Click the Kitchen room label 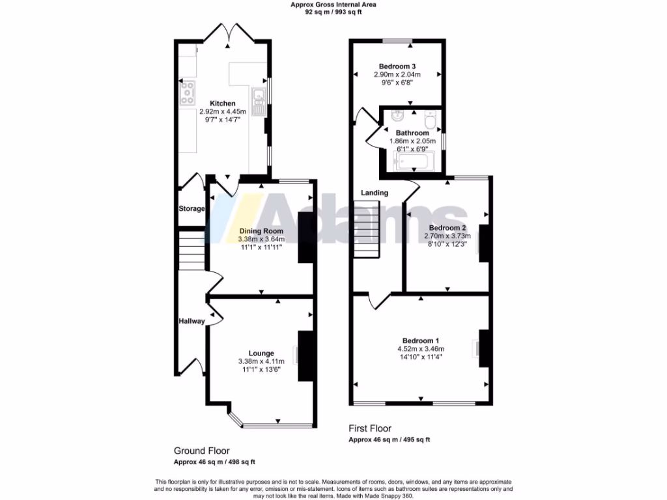click(x=222, y=104)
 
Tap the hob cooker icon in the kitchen click(x=187, y=94)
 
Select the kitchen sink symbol click(x=259, y=98)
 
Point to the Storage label click(x=192, y=209)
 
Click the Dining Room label click(x=261, y=231)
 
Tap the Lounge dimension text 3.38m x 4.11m click(x=261, y=362)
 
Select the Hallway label click(x=192, y=321)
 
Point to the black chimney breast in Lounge click(x=305, y=355)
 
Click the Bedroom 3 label click(x=397, y=66)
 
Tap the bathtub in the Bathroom click(x=414, y=160)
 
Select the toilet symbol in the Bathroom click(x=431, y=121)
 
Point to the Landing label click(x=375, y=193)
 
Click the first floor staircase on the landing click(x=367, y=229)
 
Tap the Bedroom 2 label click(x=446, y=228)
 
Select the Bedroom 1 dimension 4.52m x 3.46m click(x=421, y=349)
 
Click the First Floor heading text click(x=369, y=428)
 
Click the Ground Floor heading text click(x=201, y=451)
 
